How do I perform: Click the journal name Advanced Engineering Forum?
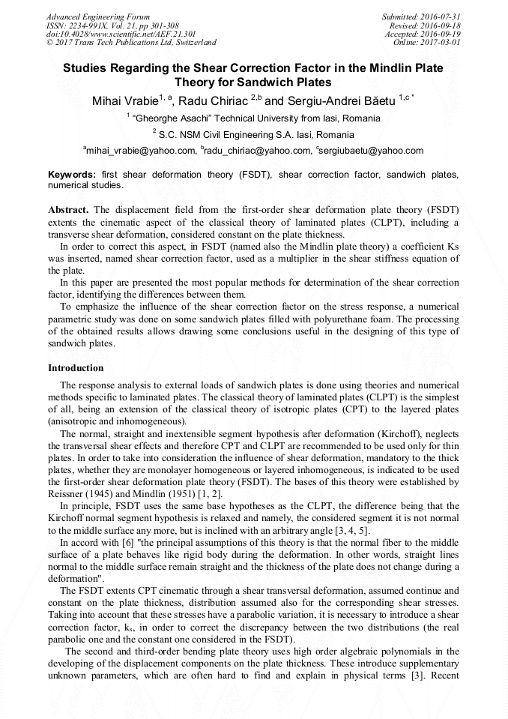tap(98, 16)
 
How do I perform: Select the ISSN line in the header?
tap(112, 25)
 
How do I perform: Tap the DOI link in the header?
tap(121, 34)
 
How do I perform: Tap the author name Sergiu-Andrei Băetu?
tap(341, 100)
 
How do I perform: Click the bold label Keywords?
tap(71, 175)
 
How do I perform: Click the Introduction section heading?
tap(76, 368)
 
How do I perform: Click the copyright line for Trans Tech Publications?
tap(131, 43)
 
